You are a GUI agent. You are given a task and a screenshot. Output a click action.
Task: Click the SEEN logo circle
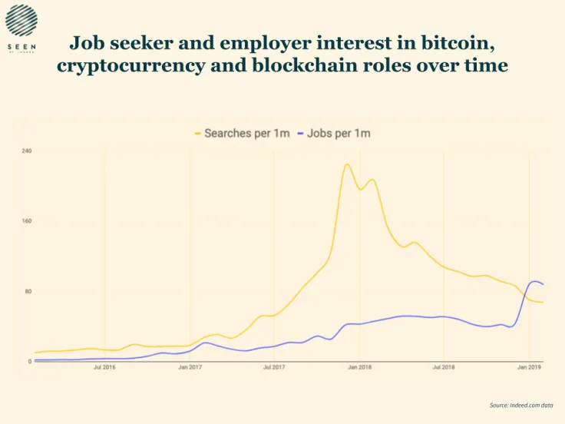click(21, 20)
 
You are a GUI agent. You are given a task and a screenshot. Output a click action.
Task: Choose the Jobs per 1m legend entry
click(339, 134)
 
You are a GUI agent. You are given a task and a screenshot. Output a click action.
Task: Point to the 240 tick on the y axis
click(27, 151)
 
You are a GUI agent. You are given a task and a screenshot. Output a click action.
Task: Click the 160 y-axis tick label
click(27, 221)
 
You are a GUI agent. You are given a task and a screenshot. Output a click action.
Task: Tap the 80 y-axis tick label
click(28, 292)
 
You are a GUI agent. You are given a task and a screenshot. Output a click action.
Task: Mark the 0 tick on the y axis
click(29, 361)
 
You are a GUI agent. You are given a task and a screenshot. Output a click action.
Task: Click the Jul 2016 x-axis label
click(104, 368)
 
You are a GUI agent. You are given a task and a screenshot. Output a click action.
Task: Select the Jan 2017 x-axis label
click(190, 368)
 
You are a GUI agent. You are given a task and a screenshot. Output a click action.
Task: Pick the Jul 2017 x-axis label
click(274, 368)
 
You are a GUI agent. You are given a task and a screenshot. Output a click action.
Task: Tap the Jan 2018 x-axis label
click(359, 368)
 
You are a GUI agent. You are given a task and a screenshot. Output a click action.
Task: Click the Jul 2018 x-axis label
click(444, 368)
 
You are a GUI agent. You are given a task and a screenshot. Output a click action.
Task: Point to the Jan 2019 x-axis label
click(529, 368)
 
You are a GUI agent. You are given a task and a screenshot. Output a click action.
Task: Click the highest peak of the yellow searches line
click(347, 164)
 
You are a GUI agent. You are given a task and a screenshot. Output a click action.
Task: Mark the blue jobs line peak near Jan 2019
click(534, 281)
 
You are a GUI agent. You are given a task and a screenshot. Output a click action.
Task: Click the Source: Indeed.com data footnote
click(521, 404)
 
